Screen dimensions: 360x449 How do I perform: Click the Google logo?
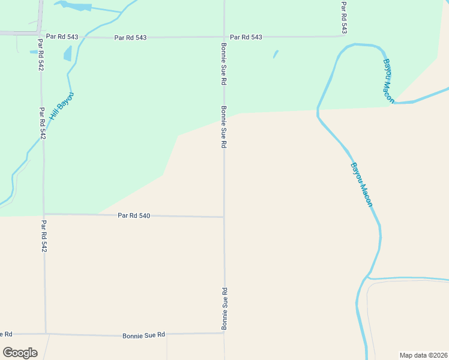coord(20,353)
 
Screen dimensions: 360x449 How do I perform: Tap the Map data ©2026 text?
coord(423,355)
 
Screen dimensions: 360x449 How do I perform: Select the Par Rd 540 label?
coord(133,215)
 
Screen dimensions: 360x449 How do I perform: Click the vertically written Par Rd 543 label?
coord(344,17)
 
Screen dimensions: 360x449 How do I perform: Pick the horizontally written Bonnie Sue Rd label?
coord(143,335)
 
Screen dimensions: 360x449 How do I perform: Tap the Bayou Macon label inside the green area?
coord(389,80)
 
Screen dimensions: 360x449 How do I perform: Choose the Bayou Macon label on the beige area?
coord(361,185)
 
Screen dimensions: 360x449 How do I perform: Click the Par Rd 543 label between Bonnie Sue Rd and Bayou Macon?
coord(246,37)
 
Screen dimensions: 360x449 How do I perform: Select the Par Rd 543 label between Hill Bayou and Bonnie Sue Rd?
coord(130,37)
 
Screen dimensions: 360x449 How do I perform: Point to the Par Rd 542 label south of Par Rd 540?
coord(44,235)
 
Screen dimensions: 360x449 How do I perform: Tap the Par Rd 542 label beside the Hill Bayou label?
coord(42,123)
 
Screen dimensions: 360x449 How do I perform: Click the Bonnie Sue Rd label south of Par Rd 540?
coord(224,308)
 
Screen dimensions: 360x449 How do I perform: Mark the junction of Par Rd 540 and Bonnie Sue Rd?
coord(224,217)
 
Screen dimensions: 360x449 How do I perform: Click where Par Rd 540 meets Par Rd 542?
coord(44,214)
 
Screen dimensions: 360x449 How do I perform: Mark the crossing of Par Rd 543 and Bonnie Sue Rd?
coord(224,37)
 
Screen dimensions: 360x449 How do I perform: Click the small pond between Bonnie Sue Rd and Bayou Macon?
coord(276,54)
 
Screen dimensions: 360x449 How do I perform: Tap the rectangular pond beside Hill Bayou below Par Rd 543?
coord(67,53)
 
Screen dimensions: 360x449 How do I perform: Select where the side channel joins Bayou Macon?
coord(367,278)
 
